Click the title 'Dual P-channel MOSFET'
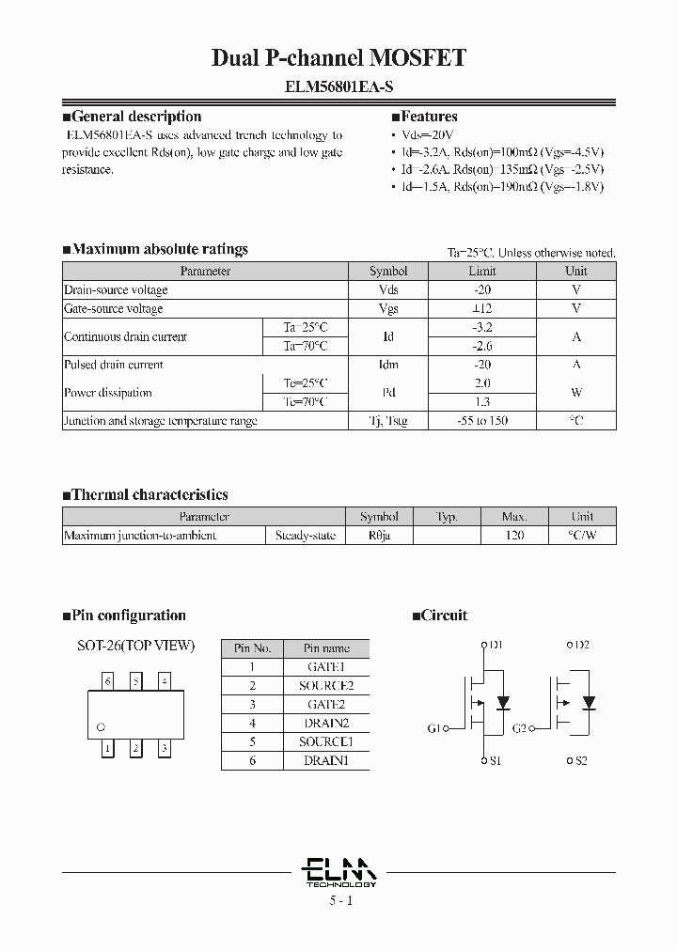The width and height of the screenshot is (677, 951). (338, 58)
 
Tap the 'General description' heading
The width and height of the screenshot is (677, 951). (136, 117)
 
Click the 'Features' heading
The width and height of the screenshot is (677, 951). (429, 117)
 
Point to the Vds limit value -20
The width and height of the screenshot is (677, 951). (482, 289)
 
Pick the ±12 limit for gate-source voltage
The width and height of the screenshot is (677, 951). (482, 308)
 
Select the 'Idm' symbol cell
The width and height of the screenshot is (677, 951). (388, 365)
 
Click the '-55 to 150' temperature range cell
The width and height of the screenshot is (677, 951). (482, 421)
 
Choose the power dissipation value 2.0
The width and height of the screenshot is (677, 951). (482, 383)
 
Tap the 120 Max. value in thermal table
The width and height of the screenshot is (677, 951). (514, 535)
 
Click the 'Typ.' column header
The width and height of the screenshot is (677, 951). (447, 516)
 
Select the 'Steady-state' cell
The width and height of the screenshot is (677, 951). (305, 535)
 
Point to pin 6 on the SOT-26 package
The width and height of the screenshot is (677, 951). (109, 680)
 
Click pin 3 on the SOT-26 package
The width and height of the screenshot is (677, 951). (165, 749)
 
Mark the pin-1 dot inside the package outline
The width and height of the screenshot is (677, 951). (102, 726)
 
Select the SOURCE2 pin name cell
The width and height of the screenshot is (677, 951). (326, 685)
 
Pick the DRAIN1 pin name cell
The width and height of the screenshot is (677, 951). (326, 760)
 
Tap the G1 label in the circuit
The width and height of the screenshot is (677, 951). (433, 728)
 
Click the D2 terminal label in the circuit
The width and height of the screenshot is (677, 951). (580, 645)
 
